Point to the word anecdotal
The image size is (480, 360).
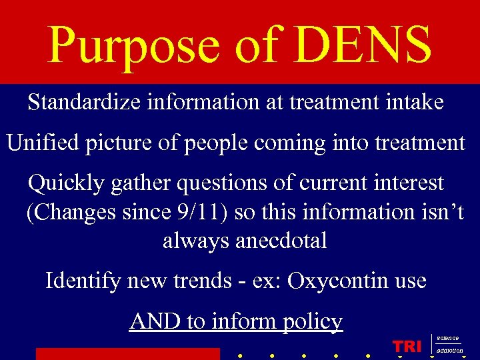(x=245, y=240)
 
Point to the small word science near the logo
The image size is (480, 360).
(x=448, y=339)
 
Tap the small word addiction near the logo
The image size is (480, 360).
(x=450, y=350)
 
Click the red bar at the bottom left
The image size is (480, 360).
(x=127, y=354)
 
